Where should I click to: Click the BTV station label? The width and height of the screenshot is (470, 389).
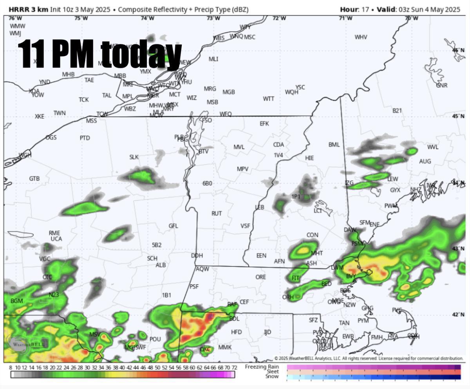(x=203, y=151)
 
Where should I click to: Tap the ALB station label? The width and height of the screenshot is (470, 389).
(x=161, y=265)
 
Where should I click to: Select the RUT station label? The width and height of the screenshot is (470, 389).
(x=217, y=213)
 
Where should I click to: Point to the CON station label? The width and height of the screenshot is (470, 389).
(x=312, y=235)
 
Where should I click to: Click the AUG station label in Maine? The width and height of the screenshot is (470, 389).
(x=425, y=161)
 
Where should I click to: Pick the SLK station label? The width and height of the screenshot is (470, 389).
(x=134, y=157)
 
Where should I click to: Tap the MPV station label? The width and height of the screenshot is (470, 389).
(x=242, y=169)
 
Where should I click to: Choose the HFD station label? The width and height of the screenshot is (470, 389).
(x=236, y=332)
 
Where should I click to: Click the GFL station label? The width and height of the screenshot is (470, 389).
(x=173, y=226)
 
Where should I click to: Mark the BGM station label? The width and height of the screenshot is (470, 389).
(x=17, y=301)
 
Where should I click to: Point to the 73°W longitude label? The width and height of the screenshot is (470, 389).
(x=213, y=18)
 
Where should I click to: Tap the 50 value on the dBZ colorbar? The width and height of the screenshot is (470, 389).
(x=157, y=367)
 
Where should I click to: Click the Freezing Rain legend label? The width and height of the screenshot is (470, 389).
(x=262, y=367)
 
